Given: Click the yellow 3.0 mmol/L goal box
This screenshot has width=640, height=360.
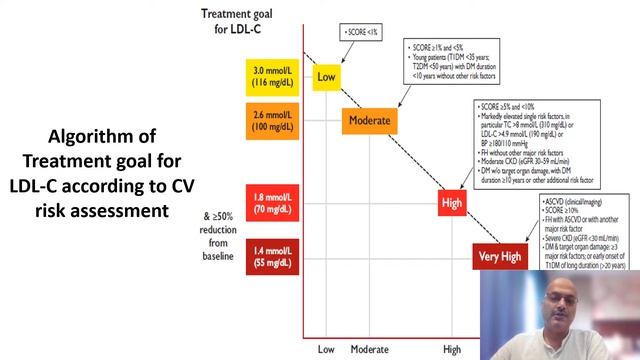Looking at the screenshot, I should (271, 76).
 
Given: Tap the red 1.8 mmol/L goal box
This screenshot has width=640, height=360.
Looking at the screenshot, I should (271, 202).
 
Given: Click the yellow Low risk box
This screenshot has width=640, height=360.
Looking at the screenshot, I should (326, 76).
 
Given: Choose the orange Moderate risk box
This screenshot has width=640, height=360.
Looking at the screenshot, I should (369, 121).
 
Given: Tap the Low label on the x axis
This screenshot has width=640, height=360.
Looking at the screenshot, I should (326, 349).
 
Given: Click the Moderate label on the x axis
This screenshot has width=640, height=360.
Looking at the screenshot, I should (369, 349).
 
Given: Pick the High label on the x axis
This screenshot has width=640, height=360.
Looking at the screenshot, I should (452, 349).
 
